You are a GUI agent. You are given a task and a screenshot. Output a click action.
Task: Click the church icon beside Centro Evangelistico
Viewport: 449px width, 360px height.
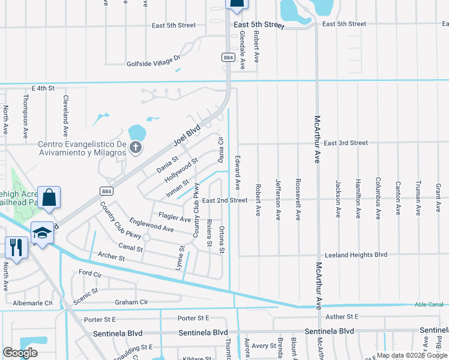tap(136, 148)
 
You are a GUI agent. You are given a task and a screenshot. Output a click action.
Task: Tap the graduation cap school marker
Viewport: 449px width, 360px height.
tap(41, 233)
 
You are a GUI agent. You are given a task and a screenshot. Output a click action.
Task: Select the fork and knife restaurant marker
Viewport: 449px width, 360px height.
tap(15, 247)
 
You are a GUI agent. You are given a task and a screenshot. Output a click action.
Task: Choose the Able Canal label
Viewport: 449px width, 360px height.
tap(427, 305)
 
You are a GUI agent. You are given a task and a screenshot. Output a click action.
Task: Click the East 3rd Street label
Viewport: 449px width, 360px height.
tap(345, 143)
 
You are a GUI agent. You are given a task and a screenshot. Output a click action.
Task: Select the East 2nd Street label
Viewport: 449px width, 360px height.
tap(224, 200)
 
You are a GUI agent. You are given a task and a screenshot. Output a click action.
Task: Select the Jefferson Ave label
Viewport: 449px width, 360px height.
tap(278, 200)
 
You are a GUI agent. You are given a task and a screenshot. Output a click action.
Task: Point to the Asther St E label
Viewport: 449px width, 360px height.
tap(340, 316)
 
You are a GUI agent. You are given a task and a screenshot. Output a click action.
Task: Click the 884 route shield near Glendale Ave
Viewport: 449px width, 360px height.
tap(228, 58)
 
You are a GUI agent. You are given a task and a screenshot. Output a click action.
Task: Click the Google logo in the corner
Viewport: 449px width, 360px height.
tap(20, 353)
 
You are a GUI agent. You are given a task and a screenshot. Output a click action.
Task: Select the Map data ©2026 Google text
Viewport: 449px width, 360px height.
tap(411, 355)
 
